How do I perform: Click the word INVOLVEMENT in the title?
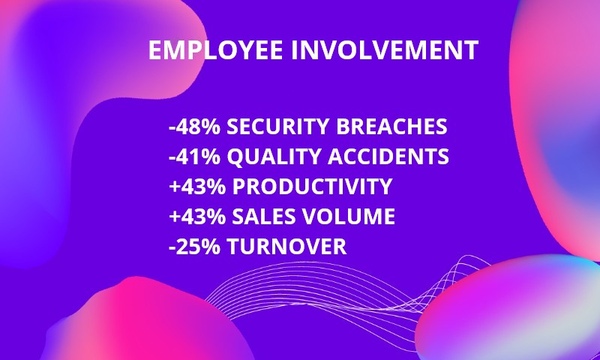click(385, 50)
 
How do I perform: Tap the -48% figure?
click(195, 127)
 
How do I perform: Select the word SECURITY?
click(277, 127)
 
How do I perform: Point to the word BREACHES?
click(391, 127)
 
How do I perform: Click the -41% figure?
click(195, 157)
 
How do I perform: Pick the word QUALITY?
click(274, 157)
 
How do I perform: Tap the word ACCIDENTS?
click(388, 157)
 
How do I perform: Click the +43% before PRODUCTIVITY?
click(197, 186)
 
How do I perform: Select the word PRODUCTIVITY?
click(312, 186)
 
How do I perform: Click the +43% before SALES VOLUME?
click(197, 216)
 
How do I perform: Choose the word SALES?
click(264, 216)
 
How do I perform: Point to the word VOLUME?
click(349, 216)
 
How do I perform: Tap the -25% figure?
click(195, 246)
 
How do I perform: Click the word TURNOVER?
click(286, 246)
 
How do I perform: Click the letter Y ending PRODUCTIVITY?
click(385, 186)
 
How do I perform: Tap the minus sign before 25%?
click(172, 248)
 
